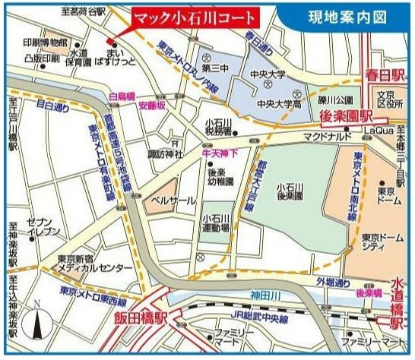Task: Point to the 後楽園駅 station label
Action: (347, 117)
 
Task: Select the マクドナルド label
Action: (325, 136)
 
